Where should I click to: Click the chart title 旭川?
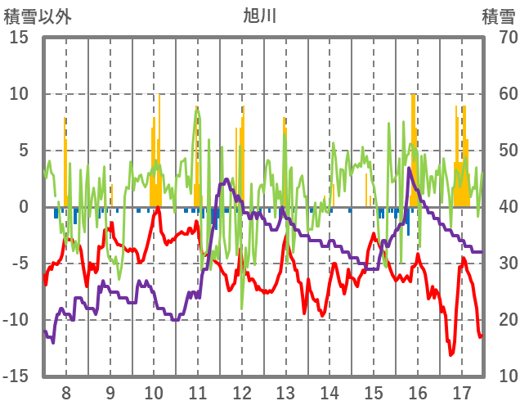point(261,16)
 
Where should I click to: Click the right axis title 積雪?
point(496,16)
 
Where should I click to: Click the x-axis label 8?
point(65,390)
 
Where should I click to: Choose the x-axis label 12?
point(242,390)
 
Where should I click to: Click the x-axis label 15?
point(374,390)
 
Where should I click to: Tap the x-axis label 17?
point(462,390)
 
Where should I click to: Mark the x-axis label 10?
point(154,390)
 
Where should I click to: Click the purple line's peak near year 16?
point(409,169)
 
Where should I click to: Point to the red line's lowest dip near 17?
point(451,354)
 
